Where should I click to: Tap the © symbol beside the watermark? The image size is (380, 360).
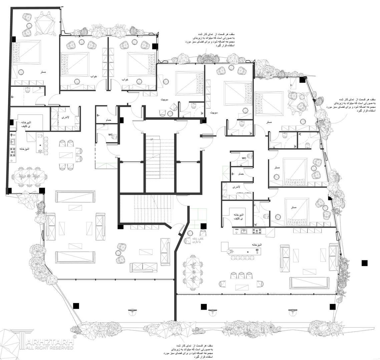74,337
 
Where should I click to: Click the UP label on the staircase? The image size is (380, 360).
152,139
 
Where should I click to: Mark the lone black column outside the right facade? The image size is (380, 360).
364,263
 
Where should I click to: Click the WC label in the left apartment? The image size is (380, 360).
110,135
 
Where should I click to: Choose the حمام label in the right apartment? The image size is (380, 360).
241,174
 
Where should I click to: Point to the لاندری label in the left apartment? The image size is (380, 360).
65,117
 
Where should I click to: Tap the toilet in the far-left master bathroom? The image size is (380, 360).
27,89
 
